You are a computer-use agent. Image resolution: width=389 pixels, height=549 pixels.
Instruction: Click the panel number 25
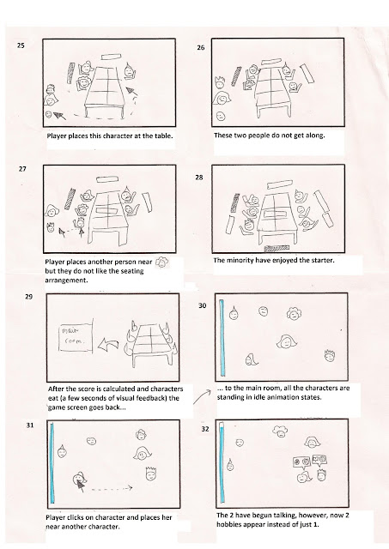click(x=21, y=45)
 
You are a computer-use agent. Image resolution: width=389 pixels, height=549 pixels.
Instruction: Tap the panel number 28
click(x=199, y=178)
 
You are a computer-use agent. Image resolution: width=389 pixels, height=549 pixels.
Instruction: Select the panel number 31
click(x=30, y=425)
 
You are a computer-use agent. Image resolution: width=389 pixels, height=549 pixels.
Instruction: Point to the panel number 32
click(x=205, y=429)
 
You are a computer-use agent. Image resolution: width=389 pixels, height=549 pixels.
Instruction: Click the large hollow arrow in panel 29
click(x=108, y=345)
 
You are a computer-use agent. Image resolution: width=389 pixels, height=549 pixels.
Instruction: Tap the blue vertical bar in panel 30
click(x=222, y=338)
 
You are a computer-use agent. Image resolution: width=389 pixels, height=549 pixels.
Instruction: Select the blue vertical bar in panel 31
click(x=52, y=463)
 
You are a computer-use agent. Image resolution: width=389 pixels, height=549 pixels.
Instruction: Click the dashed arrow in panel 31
click(x=112, y=488)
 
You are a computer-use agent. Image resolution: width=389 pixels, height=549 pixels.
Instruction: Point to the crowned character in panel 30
click(x=330, y=356)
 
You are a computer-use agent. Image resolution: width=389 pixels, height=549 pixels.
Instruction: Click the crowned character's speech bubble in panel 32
click(x=319, y=460)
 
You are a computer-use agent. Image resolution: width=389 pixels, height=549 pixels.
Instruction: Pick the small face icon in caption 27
click(x=161, y=262)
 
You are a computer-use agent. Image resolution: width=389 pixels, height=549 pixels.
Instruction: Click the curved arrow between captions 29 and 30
click(x=202, y=396)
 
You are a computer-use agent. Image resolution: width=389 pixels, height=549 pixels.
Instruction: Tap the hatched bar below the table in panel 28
click(x=277, y=249)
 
